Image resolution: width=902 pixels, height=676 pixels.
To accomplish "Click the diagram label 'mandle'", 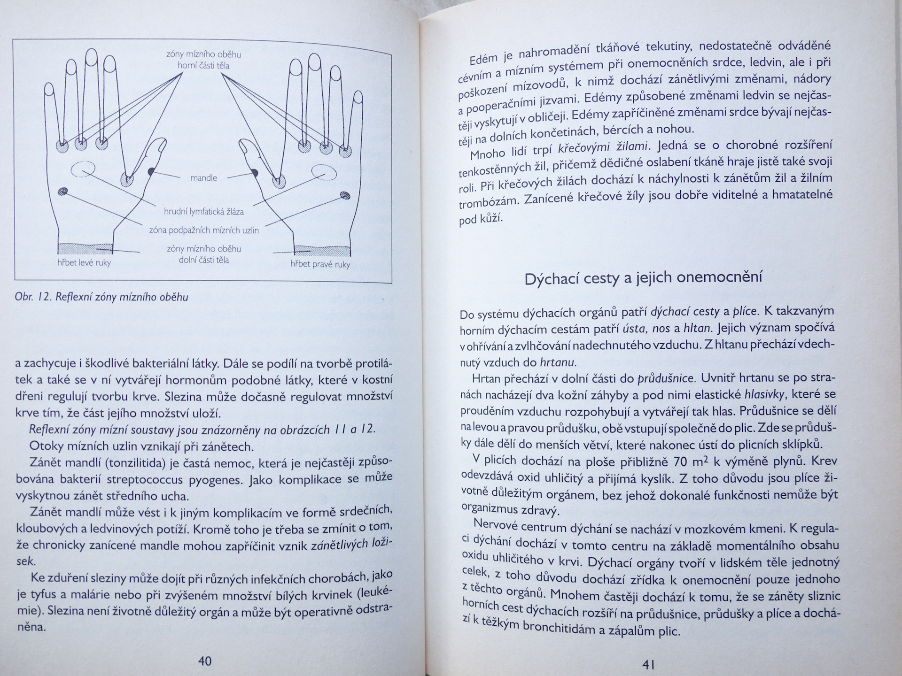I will [203, 178].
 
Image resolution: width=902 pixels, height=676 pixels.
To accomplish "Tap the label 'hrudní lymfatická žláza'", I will [203, 212].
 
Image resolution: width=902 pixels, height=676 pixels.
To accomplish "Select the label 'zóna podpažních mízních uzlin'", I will [203, 230].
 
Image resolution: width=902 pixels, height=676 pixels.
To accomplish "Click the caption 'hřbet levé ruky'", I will [84, 263].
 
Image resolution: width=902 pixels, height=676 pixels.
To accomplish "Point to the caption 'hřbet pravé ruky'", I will [320, 264].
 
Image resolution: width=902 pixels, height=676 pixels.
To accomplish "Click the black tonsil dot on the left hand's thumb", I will [151, 171].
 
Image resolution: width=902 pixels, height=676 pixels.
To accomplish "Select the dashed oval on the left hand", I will [84, 168].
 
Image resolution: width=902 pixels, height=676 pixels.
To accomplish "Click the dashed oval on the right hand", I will [324, 172].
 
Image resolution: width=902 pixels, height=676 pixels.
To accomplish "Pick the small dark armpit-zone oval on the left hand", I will [62, 191].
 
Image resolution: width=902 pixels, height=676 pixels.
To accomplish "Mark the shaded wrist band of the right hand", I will [322, 250].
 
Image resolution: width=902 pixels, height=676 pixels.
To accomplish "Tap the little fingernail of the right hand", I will [358, 97].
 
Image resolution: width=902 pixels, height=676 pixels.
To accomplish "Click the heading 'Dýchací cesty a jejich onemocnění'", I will [643, 278].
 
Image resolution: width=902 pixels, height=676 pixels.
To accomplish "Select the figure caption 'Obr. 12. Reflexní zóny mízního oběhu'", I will [101, 297].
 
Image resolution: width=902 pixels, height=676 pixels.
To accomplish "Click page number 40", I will [205, 661].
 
